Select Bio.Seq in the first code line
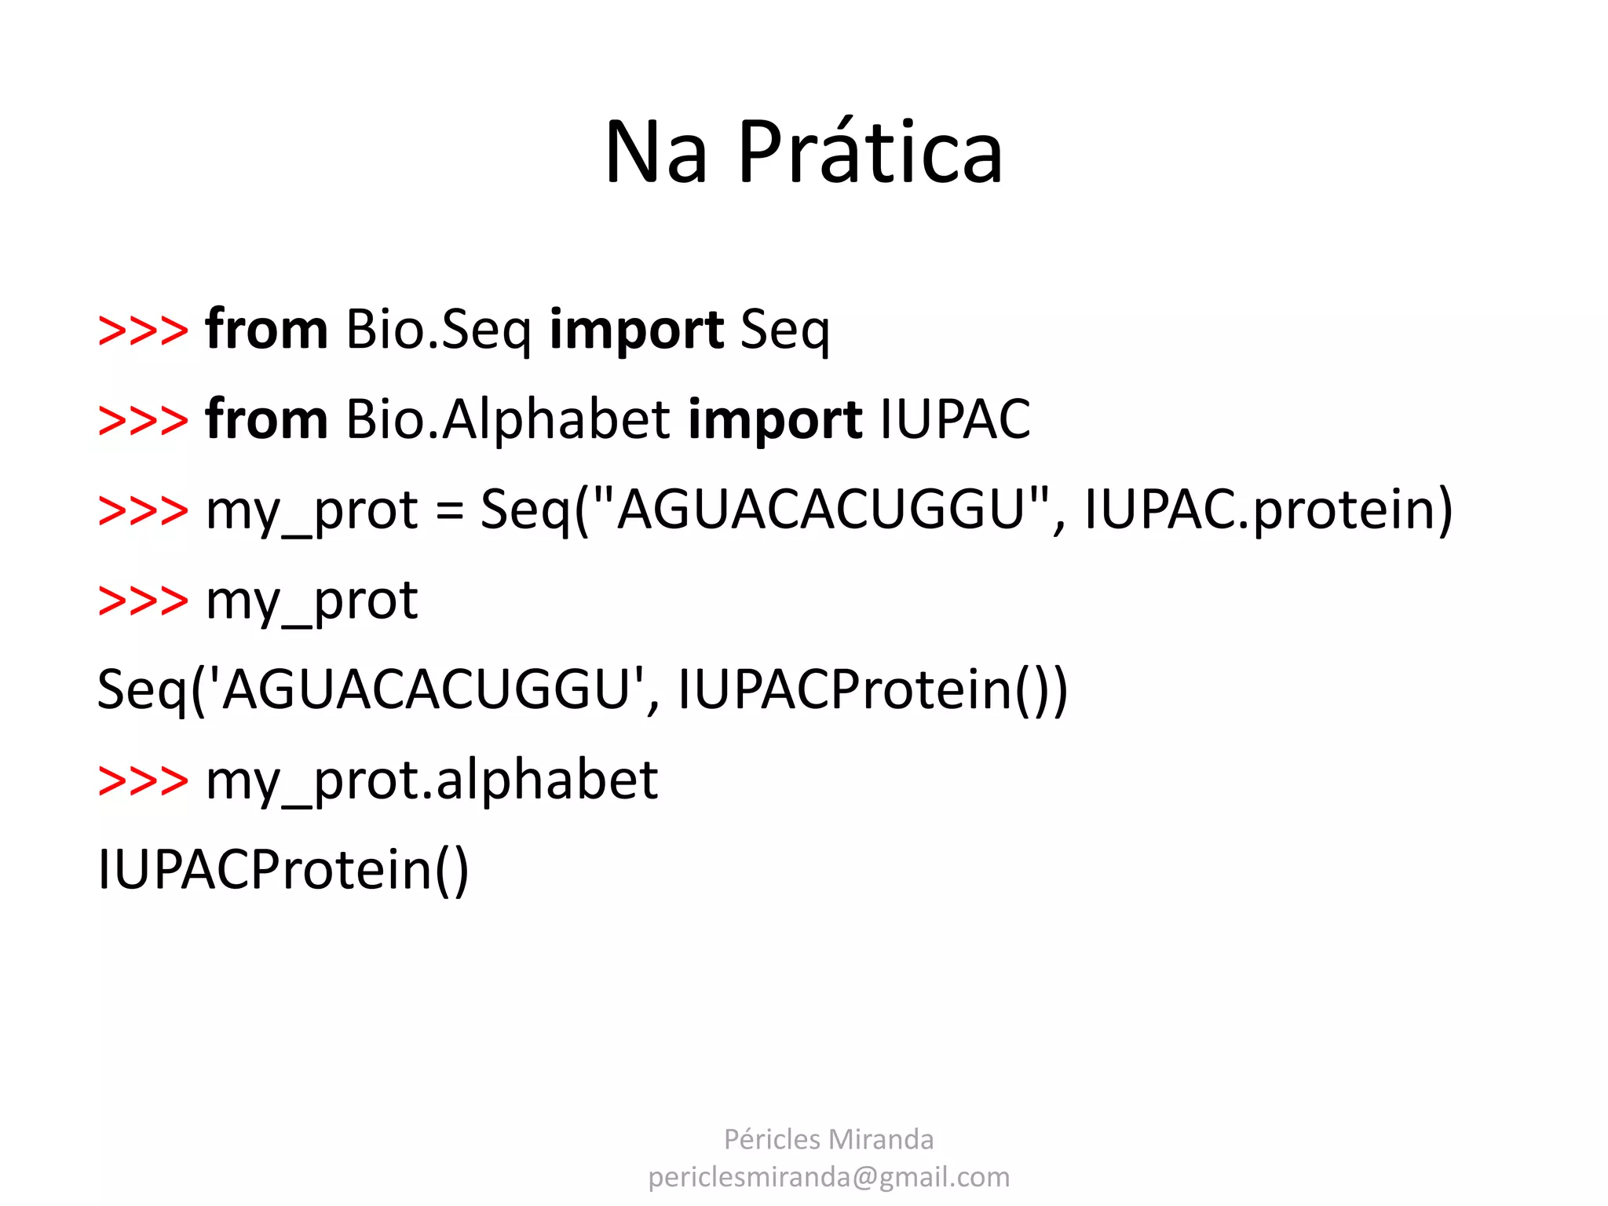pos(438,330)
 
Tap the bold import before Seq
pos(636,330)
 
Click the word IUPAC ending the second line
pos(955,419)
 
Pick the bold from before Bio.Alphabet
pos(266,419)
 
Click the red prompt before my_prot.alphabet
pos(143,780)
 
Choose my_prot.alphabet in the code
pos(432,780)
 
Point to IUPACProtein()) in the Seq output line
pos(872,689)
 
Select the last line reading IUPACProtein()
pos(283,870)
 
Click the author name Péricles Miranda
pos(828,1139)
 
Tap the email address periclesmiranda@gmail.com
pos(828,1177)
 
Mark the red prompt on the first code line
pos(143,330)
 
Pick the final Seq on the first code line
pos(784,330)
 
